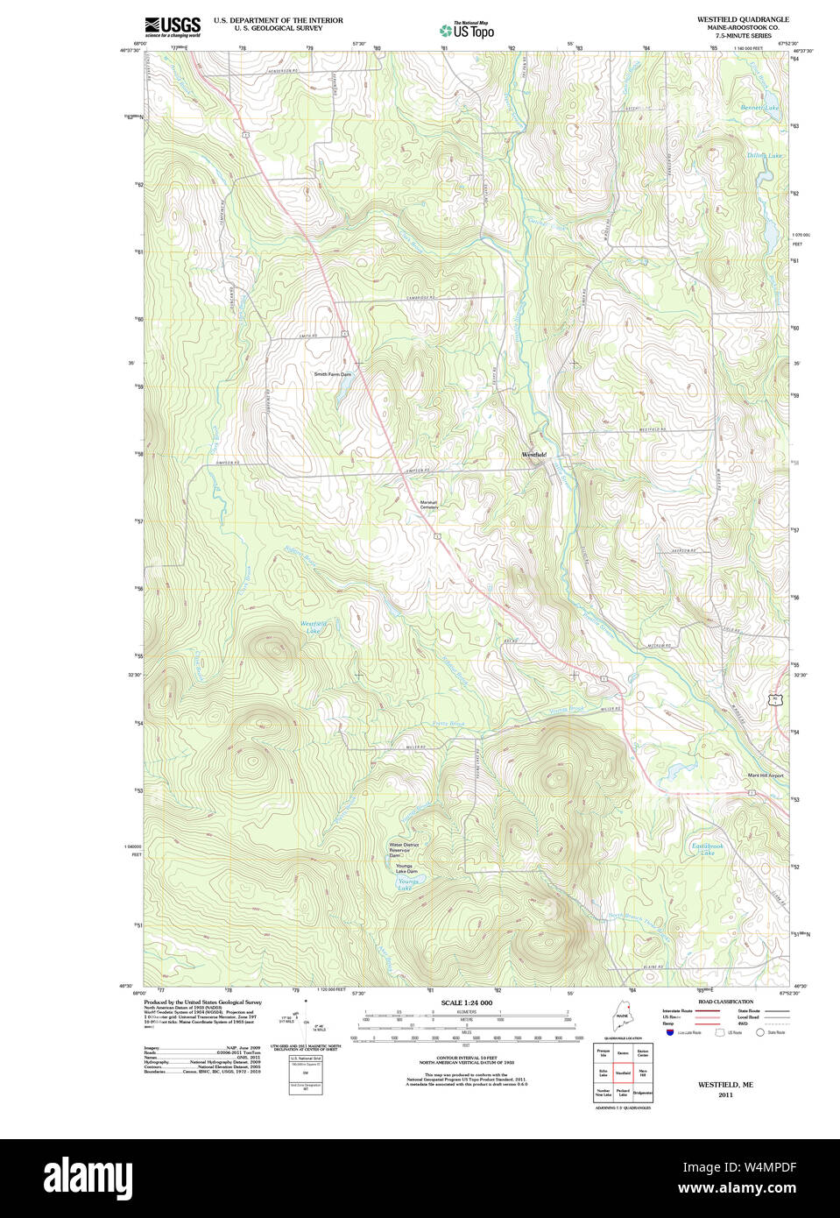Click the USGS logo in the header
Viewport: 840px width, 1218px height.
point(172,26)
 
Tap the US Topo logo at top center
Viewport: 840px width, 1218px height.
point(466,30)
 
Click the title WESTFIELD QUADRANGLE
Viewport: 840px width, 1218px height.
point(742,19)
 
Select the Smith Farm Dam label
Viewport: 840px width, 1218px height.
point(333,374)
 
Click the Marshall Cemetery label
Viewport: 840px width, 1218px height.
point(428,505)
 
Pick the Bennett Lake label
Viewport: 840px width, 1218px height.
point(759,108)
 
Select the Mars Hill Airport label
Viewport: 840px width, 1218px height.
point(765,775)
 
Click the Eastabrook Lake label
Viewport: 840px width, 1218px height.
point(707,848)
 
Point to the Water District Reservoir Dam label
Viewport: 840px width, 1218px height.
point(404,849)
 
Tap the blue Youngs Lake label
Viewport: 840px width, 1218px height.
point(405,885)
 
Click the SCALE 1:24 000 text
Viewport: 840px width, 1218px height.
point(466,1002)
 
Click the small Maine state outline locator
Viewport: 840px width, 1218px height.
point(622,1018)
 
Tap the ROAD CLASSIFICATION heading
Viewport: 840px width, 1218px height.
point(725,1002)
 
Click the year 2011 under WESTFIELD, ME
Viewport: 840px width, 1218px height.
point(725,1094)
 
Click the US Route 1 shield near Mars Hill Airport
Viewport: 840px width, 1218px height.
point(752,793)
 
